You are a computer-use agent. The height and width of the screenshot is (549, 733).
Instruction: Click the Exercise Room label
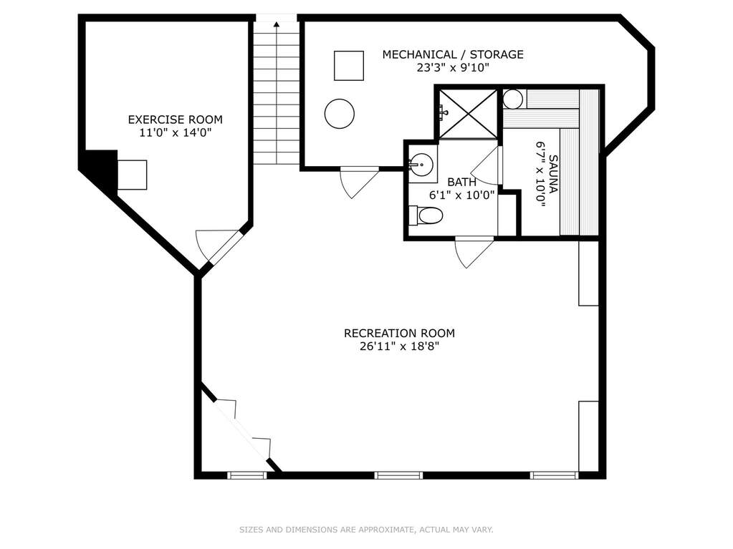(x=176, y=120)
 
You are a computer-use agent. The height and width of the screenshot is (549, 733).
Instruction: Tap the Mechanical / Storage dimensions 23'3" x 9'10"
(x=453, y=68)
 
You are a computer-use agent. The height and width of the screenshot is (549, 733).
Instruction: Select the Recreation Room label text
(x=399, y=334)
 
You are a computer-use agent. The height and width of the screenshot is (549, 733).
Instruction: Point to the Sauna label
(x=553, y=174)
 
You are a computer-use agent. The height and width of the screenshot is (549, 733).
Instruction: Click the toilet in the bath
(x=426, y=215)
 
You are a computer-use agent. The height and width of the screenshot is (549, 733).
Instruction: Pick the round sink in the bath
(x=422, y=164)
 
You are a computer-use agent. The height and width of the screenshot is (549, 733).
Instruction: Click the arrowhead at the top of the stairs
(x=277, y=24)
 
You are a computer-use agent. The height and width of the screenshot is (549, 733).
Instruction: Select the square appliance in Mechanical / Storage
(x=349, y=66)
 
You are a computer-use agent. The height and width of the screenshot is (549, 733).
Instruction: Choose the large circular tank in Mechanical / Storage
(x=340, y=113)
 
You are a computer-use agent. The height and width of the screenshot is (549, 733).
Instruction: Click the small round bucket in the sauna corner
(x=513, y=99)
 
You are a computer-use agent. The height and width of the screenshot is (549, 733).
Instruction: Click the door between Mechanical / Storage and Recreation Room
(x=358, y=182)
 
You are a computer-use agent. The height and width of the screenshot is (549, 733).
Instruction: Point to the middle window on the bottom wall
(x=398, y=475)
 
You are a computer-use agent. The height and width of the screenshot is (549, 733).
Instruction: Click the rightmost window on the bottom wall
(x=554, y=475)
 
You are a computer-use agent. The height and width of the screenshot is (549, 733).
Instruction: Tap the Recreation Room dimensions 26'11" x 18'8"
(x=399, y=347)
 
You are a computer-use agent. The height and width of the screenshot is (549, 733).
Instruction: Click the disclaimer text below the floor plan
(x=366, y=530)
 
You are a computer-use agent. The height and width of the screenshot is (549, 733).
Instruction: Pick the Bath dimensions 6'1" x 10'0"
(x=461, y=195)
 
